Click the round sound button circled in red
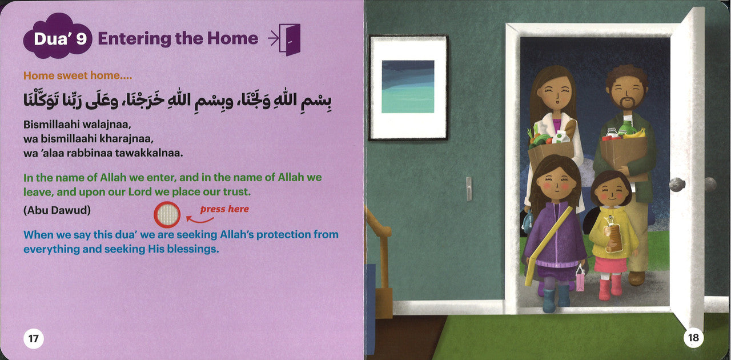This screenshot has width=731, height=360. coord(167,215)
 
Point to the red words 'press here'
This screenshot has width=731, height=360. coord(224,209)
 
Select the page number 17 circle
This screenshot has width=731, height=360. coord(34,338)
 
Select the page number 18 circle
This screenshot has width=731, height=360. coord(693,338)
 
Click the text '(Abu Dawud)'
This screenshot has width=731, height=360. coord(57,210)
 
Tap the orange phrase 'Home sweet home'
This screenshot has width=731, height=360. coord(72,75)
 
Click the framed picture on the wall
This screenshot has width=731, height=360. coord(408,87)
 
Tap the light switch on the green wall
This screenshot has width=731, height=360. coord(469,189)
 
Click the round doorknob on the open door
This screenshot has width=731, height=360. coord(677,185)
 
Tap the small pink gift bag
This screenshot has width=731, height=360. coord(580,279)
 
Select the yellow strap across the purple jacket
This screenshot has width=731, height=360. coord(549,246)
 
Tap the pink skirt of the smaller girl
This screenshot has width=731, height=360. coord(610,265)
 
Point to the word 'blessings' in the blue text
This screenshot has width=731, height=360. coord(191,250)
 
